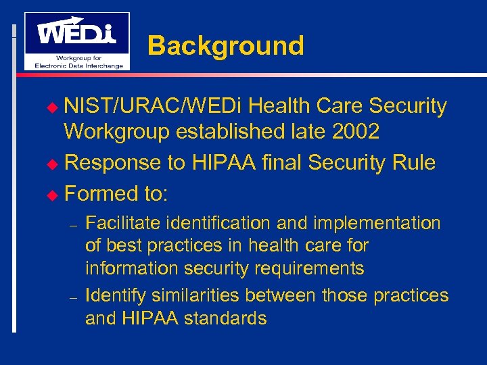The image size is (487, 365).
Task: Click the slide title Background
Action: pos(225,46)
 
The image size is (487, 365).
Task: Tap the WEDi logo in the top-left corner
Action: pos(76,41)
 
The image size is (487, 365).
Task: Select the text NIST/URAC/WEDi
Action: pos(156,106)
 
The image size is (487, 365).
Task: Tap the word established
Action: pos(223,132)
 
